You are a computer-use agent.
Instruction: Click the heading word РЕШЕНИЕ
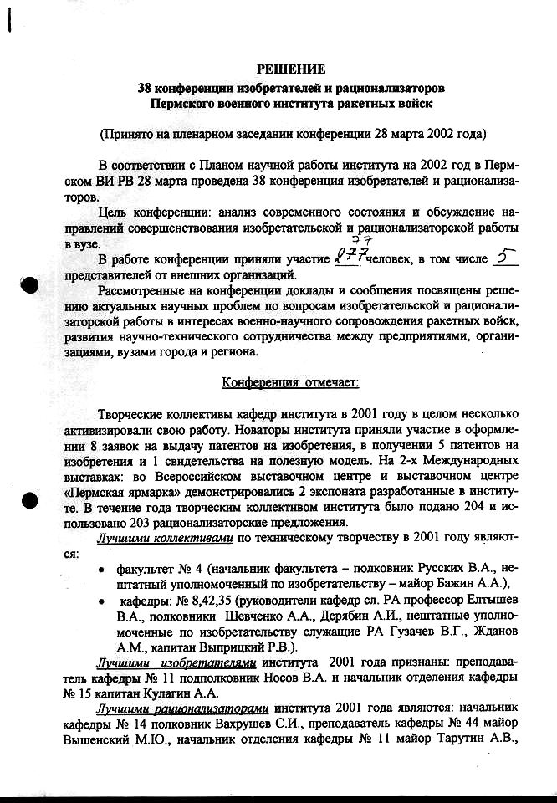[x=290, y=69]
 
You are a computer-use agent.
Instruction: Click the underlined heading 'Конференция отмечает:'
[x=290, y=383]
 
